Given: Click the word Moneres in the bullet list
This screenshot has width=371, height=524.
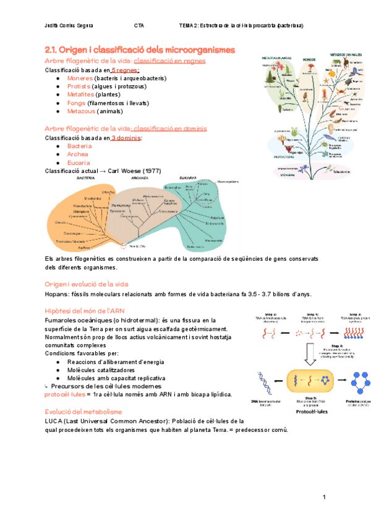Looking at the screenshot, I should pos(81,78).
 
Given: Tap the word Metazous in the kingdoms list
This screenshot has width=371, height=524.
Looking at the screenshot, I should pos(82,111).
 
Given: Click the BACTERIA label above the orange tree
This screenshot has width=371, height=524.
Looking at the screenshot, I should pos(85,178).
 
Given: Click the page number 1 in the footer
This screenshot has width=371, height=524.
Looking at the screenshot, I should pos(323,497).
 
